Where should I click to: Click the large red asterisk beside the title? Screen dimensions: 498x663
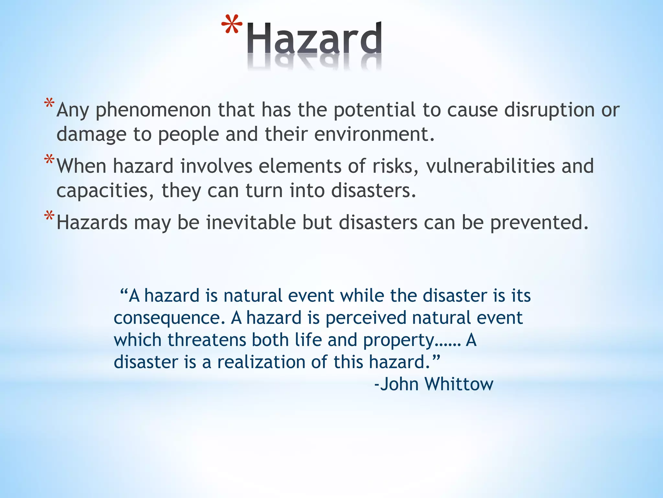click(232, 25)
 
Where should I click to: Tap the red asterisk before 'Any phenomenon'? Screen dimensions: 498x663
click(49, 104)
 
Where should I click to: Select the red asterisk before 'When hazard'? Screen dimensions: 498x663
click(49, 160)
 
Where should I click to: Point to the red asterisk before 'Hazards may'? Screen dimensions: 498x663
click(49, 216)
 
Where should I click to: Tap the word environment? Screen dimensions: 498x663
click(374, 134)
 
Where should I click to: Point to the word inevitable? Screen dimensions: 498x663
click(251, 222)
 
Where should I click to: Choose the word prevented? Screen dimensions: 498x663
click(539, 222)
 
